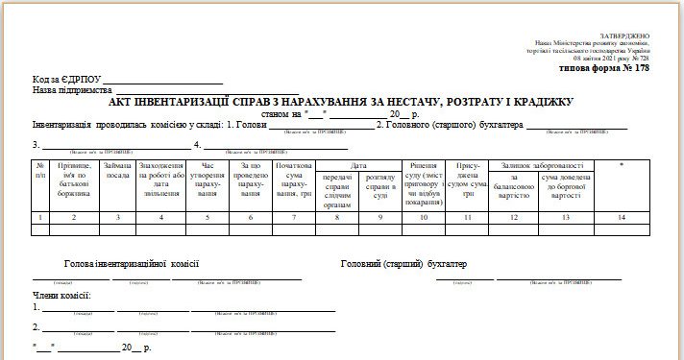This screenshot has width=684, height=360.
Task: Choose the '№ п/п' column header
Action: point(40,171)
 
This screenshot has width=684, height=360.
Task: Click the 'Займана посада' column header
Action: point(117,171)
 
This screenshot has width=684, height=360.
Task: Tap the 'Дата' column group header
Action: point(358,165)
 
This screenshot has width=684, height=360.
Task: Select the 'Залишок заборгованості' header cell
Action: point(541,165)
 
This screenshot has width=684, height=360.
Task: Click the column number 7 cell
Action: point(294,218)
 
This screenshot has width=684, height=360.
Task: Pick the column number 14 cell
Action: point(622,218)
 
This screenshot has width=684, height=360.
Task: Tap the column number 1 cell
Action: point(40,218)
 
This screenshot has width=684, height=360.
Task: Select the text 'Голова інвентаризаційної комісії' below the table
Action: point(132,263)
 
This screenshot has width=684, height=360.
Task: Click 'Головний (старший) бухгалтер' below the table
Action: point(403,263)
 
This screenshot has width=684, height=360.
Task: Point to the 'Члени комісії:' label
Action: point(62,295)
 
